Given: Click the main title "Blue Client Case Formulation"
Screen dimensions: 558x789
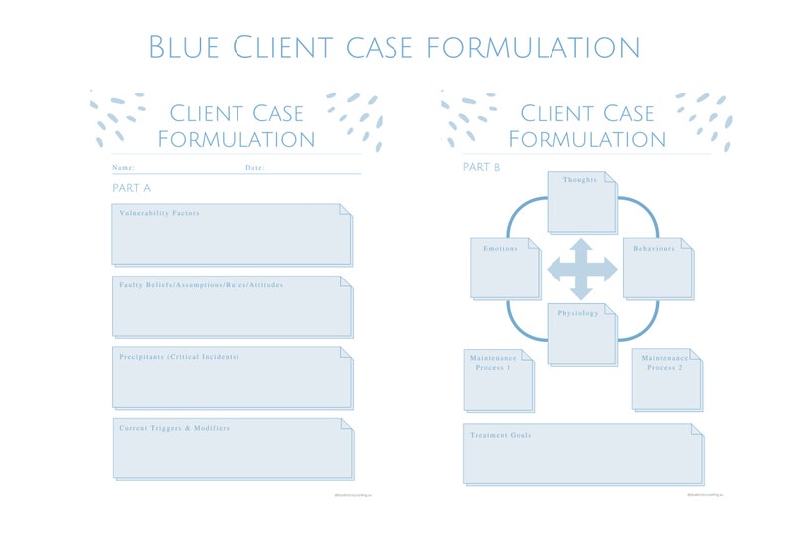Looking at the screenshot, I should [x=394, y=47].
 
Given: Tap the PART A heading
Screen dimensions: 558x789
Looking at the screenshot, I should [x=131, y=188].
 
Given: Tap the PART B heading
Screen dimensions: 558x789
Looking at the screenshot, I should [x=481, y=167].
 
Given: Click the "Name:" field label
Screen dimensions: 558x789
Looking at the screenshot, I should [x=123, y=168].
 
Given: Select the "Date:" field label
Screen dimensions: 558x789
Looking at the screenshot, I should [x=254, y=168].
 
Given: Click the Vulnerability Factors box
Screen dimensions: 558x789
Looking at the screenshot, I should [x=232, y=235].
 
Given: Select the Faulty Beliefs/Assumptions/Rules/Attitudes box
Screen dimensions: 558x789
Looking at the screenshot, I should [x=232, y=306].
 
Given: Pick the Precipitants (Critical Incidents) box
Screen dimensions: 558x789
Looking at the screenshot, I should [x=232, y=377].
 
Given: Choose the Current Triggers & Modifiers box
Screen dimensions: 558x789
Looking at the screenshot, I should [x=232, y=449].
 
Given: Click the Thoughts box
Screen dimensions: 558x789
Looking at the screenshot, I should [x=581, y=202].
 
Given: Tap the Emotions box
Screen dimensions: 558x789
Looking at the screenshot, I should [x=505, y=269].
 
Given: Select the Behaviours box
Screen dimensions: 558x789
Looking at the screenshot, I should [x=657, y=269].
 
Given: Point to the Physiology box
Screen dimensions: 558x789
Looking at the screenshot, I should [x=581, y=334].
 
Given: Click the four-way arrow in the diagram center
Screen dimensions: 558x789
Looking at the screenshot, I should [x=581, y=268].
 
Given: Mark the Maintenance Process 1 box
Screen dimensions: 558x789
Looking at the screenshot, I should [x=498, y=380].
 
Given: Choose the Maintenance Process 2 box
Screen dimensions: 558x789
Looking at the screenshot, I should [x=666, y=380].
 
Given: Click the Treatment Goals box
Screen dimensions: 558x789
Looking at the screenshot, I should [x=582, y=454].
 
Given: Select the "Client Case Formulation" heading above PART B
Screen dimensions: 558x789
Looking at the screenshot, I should [x=586, y=126].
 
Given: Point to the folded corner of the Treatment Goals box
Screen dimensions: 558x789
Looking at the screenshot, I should [x=695, y=429].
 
